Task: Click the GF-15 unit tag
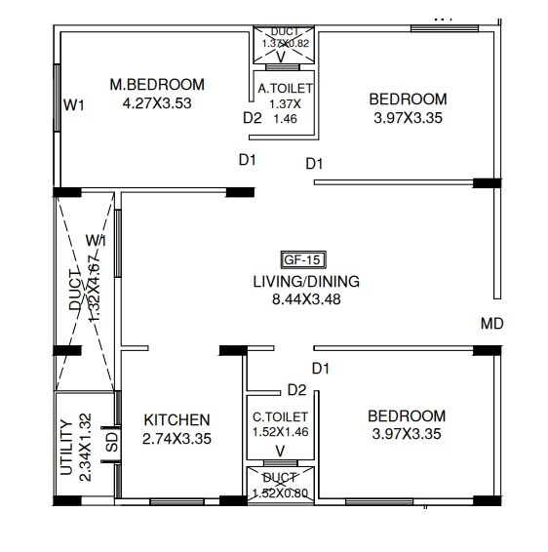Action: click(x=303, y=259)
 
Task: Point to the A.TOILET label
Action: click(x=284, y=89)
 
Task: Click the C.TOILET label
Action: click(x=281, y=415)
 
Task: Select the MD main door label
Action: click(x=491, y=324)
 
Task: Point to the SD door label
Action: click(x=110, y=442)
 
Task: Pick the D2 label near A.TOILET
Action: click(x=253, y=118)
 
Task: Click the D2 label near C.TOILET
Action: click(x=297, y=390)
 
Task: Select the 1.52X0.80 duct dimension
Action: click(x=281, y=493)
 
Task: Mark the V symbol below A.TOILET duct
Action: click(x=282, y=57)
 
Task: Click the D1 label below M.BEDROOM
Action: click(x=247, y=159)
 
